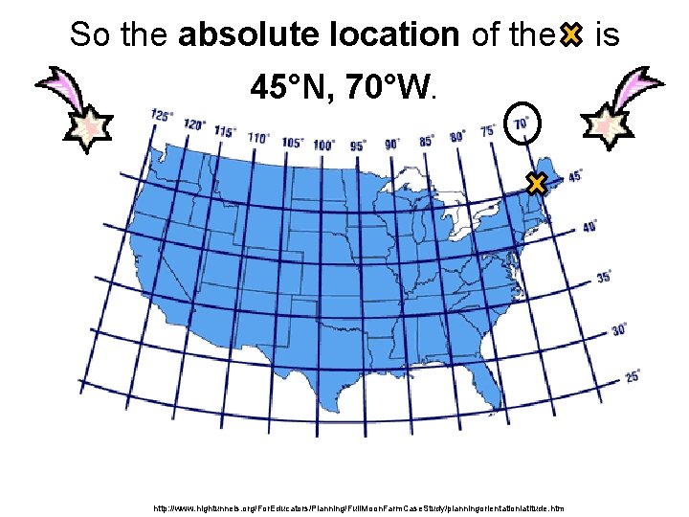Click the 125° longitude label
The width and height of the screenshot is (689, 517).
coord(163,117)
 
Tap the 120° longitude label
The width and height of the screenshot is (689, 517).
coord(194,124)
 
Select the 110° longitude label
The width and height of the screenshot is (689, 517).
coord(257,138)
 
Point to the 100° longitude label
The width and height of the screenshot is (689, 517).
coord(323,145)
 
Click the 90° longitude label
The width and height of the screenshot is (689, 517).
coord(392,144)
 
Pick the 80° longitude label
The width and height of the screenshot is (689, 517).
coord(457,136)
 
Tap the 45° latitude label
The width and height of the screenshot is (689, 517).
coord(576,176)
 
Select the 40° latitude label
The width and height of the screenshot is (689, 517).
coord(590,227)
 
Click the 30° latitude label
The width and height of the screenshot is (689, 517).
coord(619,328)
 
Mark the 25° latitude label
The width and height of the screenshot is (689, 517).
coord(633,376)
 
